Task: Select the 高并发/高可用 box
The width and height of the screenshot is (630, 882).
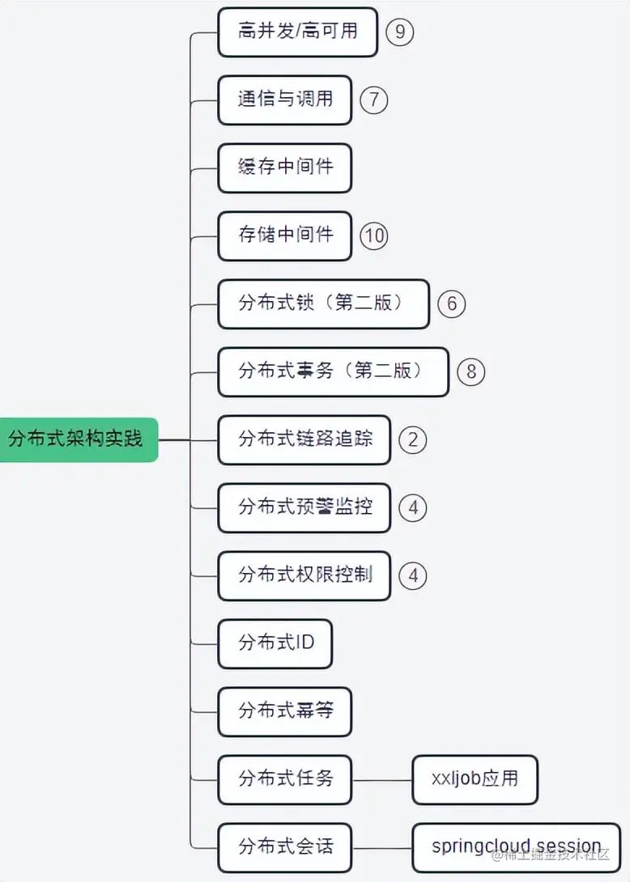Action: pyautogui.click(x=297, y=32)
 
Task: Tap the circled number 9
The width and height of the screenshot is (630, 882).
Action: pyautogui.click(x=399, y=32)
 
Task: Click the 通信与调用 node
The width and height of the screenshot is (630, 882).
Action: pyautogui.click(x=284, y=100)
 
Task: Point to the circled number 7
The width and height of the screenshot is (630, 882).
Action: pyautogui.click(x=374, y=100)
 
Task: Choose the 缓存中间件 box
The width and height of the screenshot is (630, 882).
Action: pyautogui.click(x=284, y=167)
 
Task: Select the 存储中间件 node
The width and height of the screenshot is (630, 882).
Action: pyautogui.click(x=284, y=235)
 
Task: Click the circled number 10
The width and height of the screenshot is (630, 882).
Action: pyautogui.click(x=374, y=235)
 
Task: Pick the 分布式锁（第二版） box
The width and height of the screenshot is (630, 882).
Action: pyautogui.click(x=323, y=303)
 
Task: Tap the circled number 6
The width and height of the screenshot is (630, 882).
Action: pyautogui.click(x=452, y=303)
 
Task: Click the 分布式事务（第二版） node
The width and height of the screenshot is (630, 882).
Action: pyautogui.click(x=333, y=371)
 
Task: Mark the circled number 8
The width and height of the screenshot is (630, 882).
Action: pyautogui.click(x=471, y=371)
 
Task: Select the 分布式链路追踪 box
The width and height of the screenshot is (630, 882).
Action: pyautogui.click(x=304, y=439)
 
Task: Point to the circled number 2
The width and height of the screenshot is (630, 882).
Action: pyautogui.click(x=413, y=439)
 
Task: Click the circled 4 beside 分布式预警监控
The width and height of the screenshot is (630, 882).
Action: pyautogui.click(x=413, y=507)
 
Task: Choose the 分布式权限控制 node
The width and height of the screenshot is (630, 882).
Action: pyautogui.click(x=304, y=575)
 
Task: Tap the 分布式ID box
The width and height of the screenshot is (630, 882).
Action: pyautogui.click(x=275, y=643)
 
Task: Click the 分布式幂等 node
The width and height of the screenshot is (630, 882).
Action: pyautogui.click(x=284, y=711)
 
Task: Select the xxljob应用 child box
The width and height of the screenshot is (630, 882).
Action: pyautogui.click(x=475, y=779)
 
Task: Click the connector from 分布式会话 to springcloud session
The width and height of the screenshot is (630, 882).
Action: pyautogui.click(x=382, y=847)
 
